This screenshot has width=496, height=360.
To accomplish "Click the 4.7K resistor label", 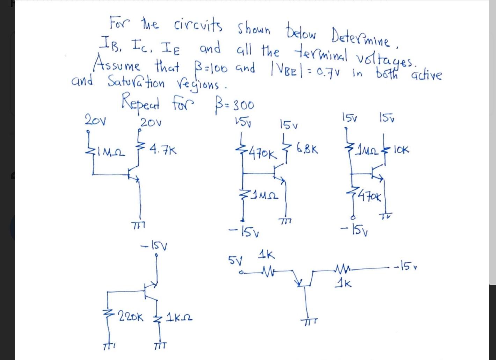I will click(163, 151).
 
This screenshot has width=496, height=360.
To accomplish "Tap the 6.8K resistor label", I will click(307, 149).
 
